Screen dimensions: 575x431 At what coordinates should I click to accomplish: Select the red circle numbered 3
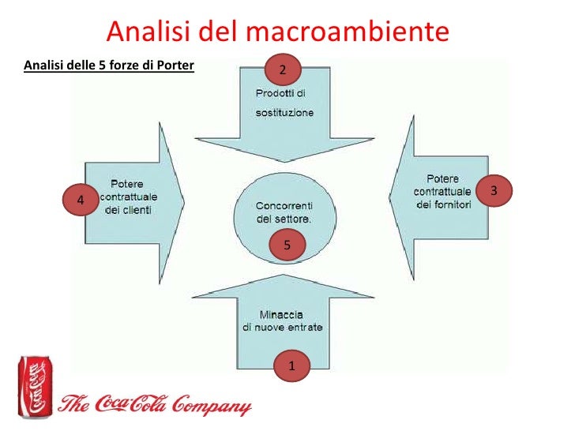coord(494,191)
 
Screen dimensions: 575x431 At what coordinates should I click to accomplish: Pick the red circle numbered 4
coord(80,201)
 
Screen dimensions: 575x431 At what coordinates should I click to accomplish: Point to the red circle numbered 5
coord(287,245)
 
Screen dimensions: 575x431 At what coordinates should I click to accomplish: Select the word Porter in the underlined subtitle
coord(178,65)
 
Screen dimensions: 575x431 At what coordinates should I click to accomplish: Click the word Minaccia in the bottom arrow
coord(283,313)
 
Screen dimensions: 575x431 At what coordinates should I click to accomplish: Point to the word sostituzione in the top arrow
coord(284,113)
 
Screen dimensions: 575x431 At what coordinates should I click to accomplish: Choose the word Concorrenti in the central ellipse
coord(284,204)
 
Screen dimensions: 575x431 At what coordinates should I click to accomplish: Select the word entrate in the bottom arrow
coord(304,328)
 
